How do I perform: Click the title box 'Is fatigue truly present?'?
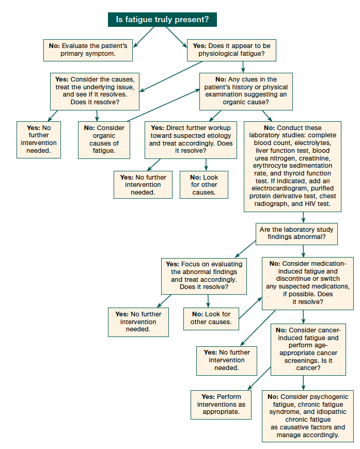(162, 20)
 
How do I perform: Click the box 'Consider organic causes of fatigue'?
(103, 139)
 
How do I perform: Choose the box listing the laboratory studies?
(292, 166)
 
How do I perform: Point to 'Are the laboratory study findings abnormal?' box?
(297, 233)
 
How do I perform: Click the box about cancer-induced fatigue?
(309, 348)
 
